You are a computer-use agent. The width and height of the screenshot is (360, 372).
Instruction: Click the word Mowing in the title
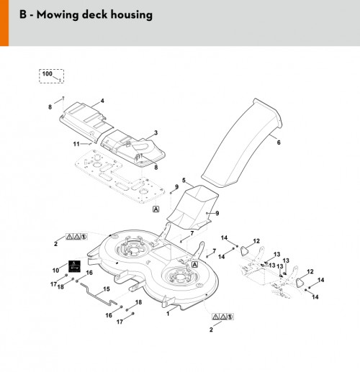tap(58, 14)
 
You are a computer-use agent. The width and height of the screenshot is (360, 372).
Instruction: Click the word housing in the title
tap(132, 14)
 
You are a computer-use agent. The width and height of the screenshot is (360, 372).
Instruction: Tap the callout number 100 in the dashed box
tap(47, 73)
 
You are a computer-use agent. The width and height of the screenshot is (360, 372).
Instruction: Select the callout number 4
tap(102, 101)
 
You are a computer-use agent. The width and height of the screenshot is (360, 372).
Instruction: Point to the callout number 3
tap(156, 132)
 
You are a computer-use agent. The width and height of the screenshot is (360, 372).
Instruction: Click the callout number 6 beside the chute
tap(279, 142)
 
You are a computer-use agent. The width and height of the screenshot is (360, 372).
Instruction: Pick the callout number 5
tap(184, 180)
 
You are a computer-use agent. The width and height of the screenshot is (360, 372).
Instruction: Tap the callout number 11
tap(76, 144)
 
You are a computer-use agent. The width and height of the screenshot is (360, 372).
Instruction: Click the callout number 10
tap(55, 271)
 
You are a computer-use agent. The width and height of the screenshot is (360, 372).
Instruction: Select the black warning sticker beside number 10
tap(74, 266)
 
